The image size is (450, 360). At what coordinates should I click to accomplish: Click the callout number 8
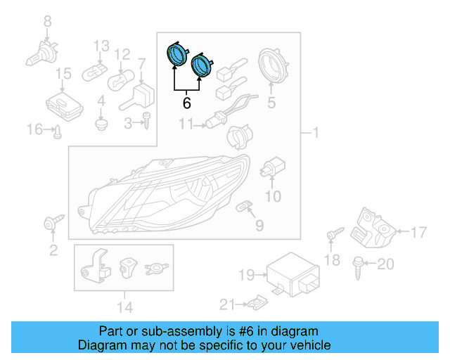tap(48, 22)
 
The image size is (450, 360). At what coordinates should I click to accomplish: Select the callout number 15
tap(63, 73)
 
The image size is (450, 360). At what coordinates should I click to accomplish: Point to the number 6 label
tap(186, 103)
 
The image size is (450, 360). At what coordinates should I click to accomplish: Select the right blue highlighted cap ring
tap(202, 65)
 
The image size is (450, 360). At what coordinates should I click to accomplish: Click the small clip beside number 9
tap(244, 207)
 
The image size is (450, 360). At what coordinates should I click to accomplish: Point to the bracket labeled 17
tap(373, 227)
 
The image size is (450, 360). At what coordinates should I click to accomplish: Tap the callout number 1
tap(316, 133)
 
